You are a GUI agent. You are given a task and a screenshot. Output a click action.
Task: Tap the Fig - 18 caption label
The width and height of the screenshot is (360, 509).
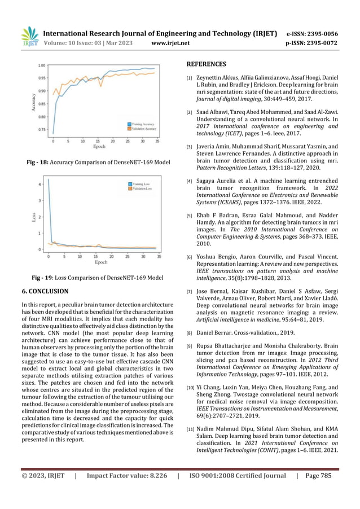38,163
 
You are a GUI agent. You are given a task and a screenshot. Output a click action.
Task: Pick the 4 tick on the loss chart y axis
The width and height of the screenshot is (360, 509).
39,185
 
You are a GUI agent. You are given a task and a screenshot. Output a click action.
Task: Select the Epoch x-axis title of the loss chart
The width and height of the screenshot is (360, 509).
100,262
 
